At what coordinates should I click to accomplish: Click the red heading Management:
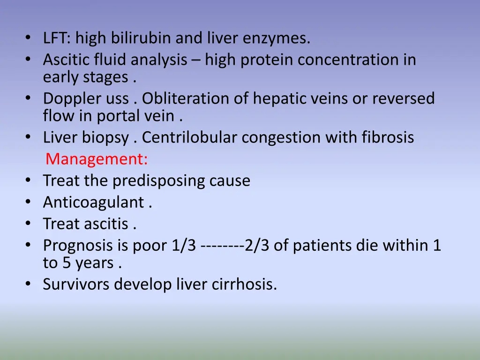[x=97, y=160]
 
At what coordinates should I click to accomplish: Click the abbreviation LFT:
[x=57, y=38]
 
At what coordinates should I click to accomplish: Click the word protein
[x=267, y=60]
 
